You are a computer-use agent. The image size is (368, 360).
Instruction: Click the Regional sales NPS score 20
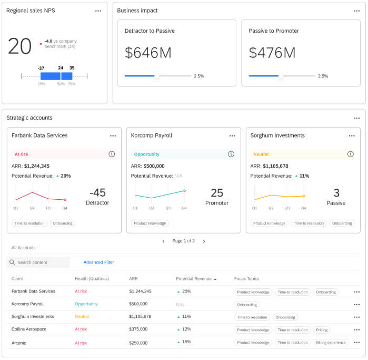pyautogui.click(x=20, y=46)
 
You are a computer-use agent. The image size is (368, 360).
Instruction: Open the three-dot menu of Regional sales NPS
pyautogui.click(x=98, y=11)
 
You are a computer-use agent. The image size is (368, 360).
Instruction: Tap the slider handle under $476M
pyautogui.click(x=280, y=76)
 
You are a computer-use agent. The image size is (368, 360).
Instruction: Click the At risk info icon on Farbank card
pyautogui.click(x=112, y=154)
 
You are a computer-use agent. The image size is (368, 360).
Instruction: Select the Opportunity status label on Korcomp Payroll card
pyautogui.click(x=147, y=154)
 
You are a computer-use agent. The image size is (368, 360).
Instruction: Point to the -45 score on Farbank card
pyautogui.click(x=97, y=192)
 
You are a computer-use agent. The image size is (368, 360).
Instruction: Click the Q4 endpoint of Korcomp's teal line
pyautogui.click(x=184, y=191)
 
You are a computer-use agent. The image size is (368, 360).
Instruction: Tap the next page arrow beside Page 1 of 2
pyautogui.click(x=204, y=241)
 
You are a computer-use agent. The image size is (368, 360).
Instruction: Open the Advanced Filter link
pyautogui.click(x=98, y=262)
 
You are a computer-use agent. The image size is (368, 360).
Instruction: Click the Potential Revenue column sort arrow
pyautogui.click(x=215, y=279)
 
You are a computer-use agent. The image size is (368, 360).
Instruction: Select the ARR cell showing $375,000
pyautogui.click(x=138, y=329)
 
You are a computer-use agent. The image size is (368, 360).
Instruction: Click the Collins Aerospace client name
pyautogui.click(x=29, y=329)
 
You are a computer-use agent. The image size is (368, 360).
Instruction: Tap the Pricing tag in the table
pyautogui.click(x=322, y=330)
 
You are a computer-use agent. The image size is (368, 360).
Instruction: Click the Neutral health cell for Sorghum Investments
pyautogui.click(x=82, y=317)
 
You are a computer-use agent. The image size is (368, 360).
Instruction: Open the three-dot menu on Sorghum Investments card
pyautogui.click(x=351, y=136)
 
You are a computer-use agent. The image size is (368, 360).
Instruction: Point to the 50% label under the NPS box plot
pyautogui.click(x=61, y=84)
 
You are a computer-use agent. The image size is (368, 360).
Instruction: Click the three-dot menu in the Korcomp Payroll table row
pyautogui.click(x=356, y=305)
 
